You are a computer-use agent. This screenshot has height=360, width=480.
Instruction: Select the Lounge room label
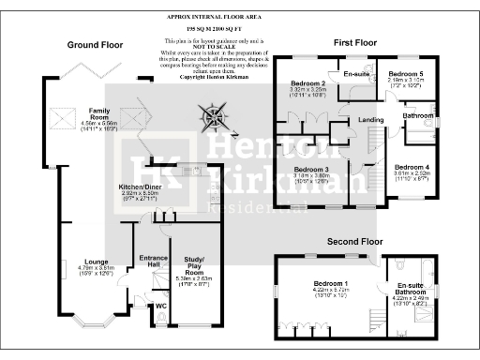(94, 262)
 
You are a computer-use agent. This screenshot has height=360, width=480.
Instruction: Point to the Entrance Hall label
(152, 262)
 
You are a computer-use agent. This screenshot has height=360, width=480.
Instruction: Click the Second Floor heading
(351, 241)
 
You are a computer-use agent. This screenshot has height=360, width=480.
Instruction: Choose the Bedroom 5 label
(407, 73)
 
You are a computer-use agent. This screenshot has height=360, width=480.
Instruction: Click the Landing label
(371, 120)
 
